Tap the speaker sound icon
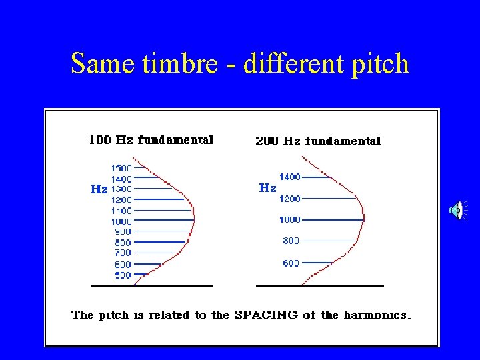pyautogui.click(x=456, y=211)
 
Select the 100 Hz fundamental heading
pyautogui.click(x=151, y=140)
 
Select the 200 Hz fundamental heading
pyautogui.click(x=318, y=141)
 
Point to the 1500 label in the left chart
pyautogui.click(x=121, y=168)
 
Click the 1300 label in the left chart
pyautogui.click(x=121, y=189)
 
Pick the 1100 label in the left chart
pyautogui.click(x=121, y=211)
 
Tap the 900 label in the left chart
pyautogui.click(x=123, y=232)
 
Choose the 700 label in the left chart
pyautogui.click(x=123, y=253)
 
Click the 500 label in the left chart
pyautogui.click(x=123, y=275)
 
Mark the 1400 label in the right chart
pyautogui.click(x=289, y=177)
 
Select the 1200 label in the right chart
pyautogui.click(x=289, y=199)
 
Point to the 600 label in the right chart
pyautogui.click(x=291, y=263)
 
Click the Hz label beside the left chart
pyautogui.click(x=99, y=189)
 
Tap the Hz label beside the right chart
pyautogui.click(x=267, y=188)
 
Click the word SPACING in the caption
pyautogui.click(x=267, y=315)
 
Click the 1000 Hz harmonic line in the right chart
pyautogui.click(x=333, y=219)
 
